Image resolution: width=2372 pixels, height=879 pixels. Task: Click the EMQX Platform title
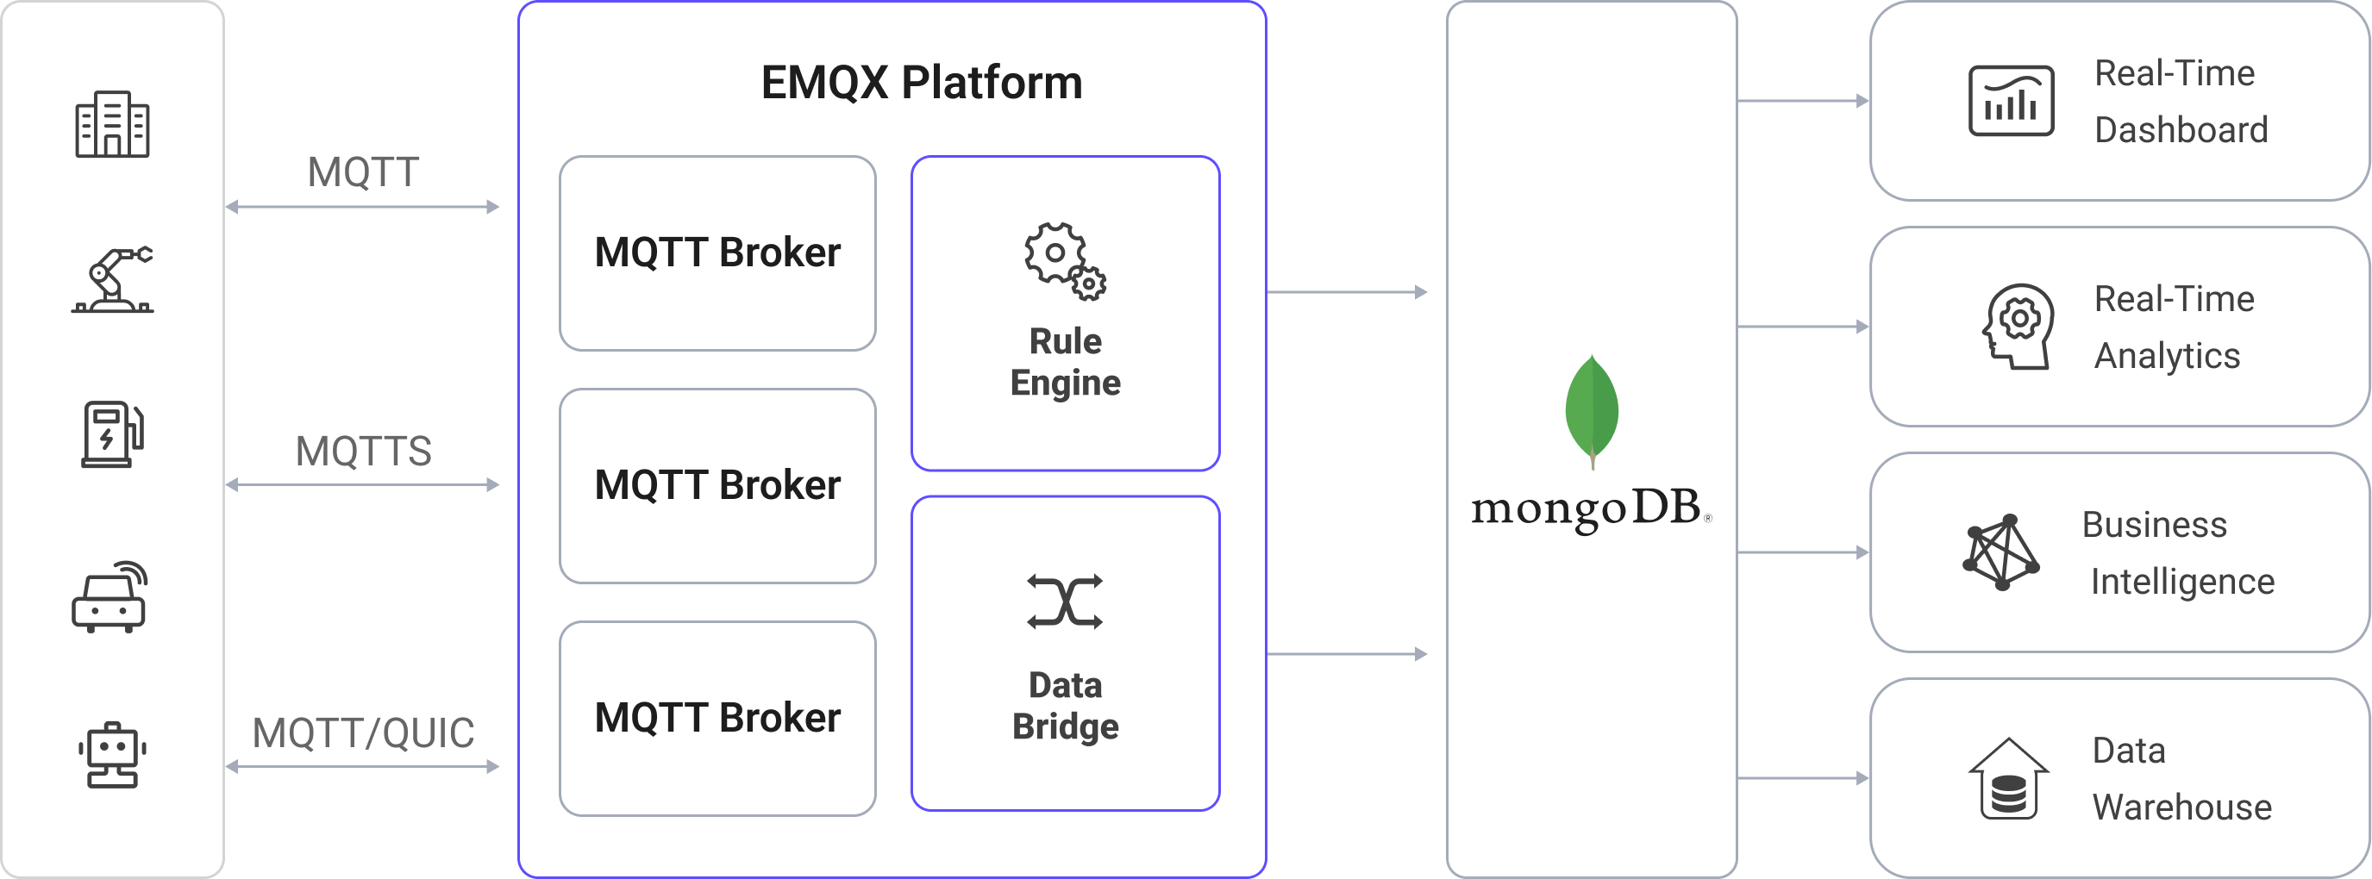[921, 83]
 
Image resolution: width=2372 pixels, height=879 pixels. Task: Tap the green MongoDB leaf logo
[1591, 410]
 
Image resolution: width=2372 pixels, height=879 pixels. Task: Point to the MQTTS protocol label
[363, 451]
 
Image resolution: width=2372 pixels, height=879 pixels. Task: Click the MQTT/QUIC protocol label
[363, 733]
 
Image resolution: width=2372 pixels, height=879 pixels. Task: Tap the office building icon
[112, 124]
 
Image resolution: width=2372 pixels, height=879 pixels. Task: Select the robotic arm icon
[112, 281]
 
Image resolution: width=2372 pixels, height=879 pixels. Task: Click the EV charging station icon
[112, 433]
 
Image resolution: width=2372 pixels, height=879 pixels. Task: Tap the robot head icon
[112, 755]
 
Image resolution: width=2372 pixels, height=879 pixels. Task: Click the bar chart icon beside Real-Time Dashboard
[2010, 101]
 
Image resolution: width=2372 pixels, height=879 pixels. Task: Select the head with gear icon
[2017, 327]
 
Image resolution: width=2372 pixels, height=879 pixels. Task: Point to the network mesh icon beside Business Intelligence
[2000, 552]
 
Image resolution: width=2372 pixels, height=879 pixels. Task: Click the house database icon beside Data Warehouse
[2008, 779]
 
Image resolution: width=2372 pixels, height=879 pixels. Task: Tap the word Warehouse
[2181, 807]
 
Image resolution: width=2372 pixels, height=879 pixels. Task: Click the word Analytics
[2167, 356]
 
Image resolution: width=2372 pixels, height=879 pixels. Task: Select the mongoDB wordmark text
[1586, 509]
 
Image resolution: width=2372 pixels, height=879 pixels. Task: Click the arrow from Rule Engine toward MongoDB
[1347, 293]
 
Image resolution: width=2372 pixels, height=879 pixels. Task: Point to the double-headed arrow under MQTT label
[363, 207]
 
